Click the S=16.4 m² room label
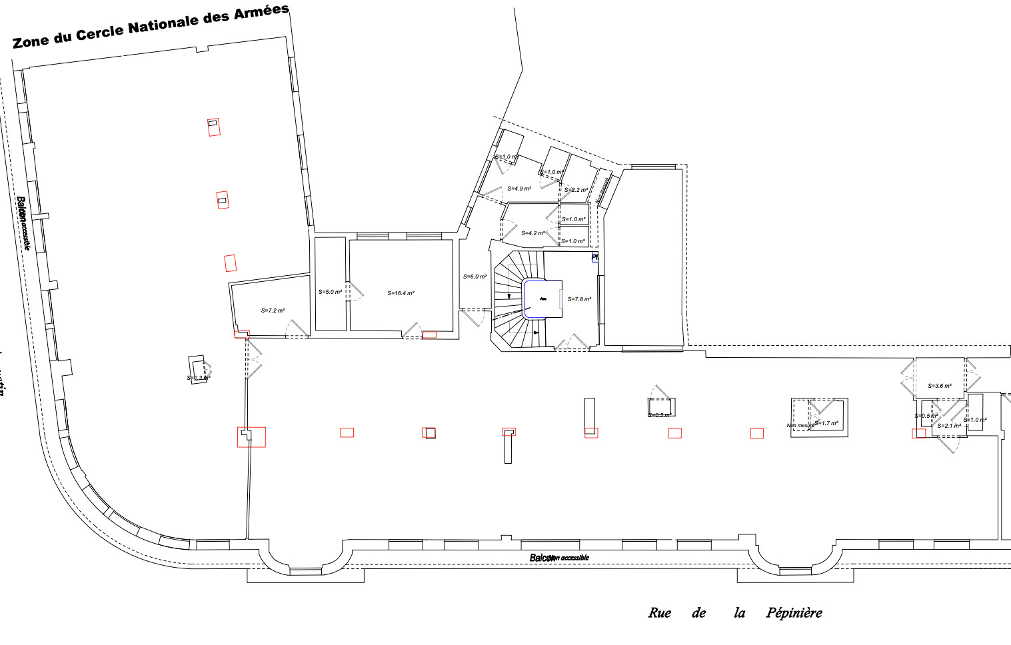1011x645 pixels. coord(401,293)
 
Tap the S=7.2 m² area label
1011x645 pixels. coord(273,311)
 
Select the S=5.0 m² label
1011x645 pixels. coord(330,292)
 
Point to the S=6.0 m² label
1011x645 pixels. coord(475,277)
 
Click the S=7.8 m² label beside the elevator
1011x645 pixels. coord(579,299)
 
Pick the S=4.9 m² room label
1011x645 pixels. coord(519,189)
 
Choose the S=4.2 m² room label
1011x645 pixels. coord(533,233)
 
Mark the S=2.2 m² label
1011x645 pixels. coord(576,190)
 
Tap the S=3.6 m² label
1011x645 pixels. coord(940,386)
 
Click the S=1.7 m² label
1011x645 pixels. coord(826,423)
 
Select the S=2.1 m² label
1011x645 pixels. coord(949,426)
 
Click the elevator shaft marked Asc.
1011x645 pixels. coord(543,299)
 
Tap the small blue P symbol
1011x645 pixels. coord(595,257)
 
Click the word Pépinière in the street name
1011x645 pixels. coord(794,613)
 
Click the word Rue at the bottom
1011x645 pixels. coord(659,613)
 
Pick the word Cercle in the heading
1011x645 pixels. coord(100,33)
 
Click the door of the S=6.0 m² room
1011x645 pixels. coord(474,317)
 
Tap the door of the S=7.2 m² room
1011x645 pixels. coord(297,328)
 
